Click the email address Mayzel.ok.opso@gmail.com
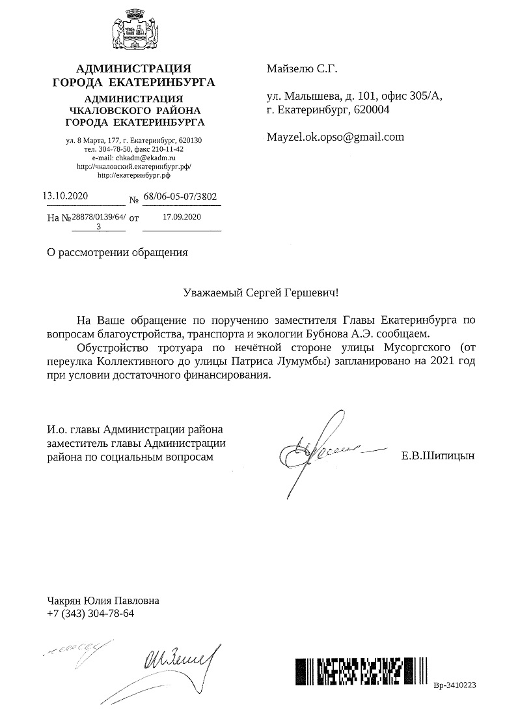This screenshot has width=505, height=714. pyautogui.click(x=335, y=137)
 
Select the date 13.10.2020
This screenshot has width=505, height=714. pyautogui.click(x=64, y=195)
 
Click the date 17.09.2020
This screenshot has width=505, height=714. pyautogui.click(x=182, y=217)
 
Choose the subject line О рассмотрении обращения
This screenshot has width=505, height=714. pyautogui.click(x=118, y=253)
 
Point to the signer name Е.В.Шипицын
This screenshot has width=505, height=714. pyautogui.click(x=438, y=457)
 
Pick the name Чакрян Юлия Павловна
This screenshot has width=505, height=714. pyautogui.click(x=103, y=601)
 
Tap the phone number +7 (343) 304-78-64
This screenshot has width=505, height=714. pyautogui.click(x=90, y=614)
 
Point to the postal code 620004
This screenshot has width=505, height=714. pyautogui.click(x=370, y=110)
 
